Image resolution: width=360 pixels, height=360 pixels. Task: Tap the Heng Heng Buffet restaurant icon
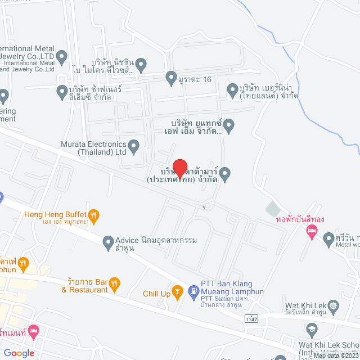(x=94, y=214)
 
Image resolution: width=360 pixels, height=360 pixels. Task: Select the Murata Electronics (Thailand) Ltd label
(x=94, y=147)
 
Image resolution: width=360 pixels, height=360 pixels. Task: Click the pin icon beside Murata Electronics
(x=133, y=147)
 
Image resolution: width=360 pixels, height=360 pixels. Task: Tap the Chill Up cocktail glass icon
(x=178, y=291)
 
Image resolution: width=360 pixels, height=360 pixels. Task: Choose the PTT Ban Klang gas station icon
(x=193, y=291)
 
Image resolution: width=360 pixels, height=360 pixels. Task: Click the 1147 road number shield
(x=253, y=319)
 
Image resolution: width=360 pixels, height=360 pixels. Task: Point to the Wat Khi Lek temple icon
(x=334, y=307)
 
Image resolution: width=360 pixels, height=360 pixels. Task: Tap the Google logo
(x=19, y=353)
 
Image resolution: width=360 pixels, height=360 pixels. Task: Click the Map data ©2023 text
(x=336, y=355)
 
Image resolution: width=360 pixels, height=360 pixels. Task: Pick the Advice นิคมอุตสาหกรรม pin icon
(x=109, y=242)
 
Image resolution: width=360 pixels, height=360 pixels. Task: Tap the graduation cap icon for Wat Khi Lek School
(x=312, y=328)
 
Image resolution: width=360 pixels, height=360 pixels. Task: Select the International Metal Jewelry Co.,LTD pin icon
(x=62, y=56)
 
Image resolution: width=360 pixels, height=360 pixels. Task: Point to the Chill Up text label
(x=156, y=294)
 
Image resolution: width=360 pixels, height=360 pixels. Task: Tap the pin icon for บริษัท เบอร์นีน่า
(x=232, y=89)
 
